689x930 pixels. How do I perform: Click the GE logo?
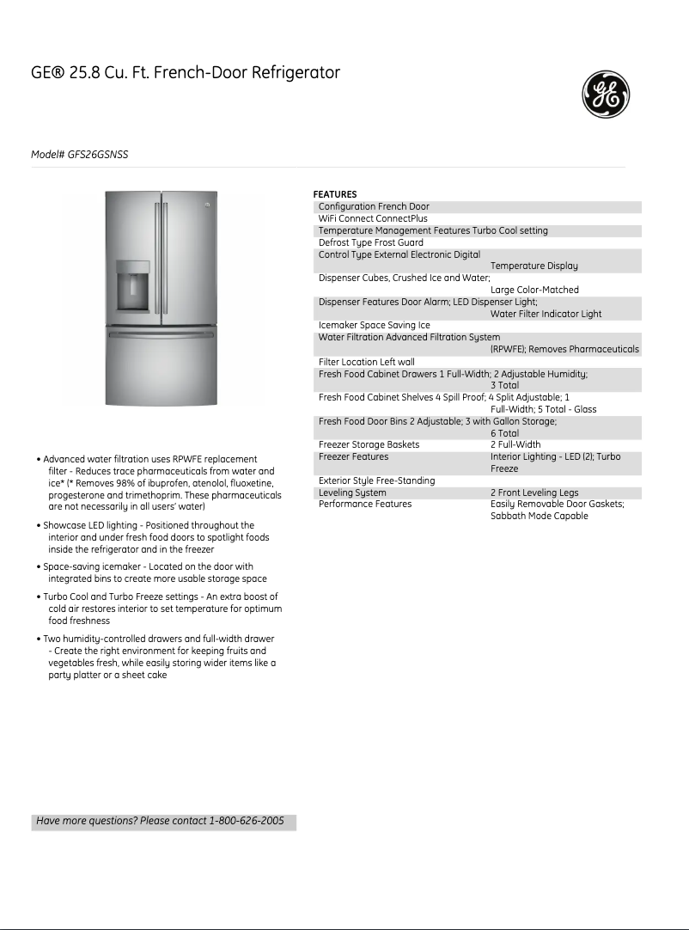(606, 95)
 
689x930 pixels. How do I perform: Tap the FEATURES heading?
(334, 194)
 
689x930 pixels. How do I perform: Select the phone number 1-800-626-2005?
(246, 821)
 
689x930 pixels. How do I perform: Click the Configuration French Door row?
(374, 207)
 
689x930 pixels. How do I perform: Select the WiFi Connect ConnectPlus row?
(373, 219)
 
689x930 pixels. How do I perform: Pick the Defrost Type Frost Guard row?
(370, 243)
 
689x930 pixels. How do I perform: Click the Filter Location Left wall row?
(366, 362)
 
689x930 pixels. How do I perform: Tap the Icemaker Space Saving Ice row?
(374, 326)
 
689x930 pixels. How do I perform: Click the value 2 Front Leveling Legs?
(534, 493)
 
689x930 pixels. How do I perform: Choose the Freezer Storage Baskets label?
(369, 445)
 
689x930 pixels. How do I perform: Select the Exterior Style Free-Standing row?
(376, 481)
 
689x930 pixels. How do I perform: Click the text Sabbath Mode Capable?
(539, 517)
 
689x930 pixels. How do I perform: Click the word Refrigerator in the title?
(296, 73)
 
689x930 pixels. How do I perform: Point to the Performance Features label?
(364, 505)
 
